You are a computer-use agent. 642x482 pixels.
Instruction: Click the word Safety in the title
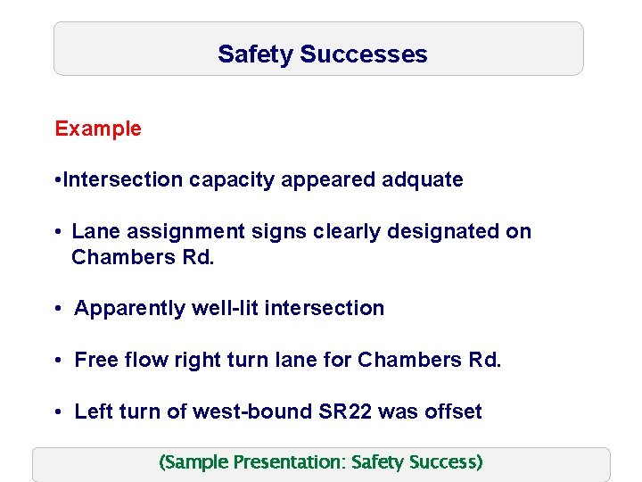[256, 54]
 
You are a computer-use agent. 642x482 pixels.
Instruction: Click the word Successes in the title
[364, 54]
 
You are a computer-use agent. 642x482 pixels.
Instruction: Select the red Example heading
[98, 129]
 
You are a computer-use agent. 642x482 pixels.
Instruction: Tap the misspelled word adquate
[423, 179]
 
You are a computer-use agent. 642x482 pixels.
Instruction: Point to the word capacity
[232, 180]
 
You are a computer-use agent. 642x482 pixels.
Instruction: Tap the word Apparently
[129, 309]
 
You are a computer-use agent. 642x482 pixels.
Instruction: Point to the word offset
[453, 411]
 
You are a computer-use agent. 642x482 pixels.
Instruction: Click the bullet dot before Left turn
[56, 412]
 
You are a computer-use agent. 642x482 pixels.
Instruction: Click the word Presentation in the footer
[289, 462]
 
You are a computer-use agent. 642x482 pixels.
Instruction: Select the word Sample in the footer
[196, 462]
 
